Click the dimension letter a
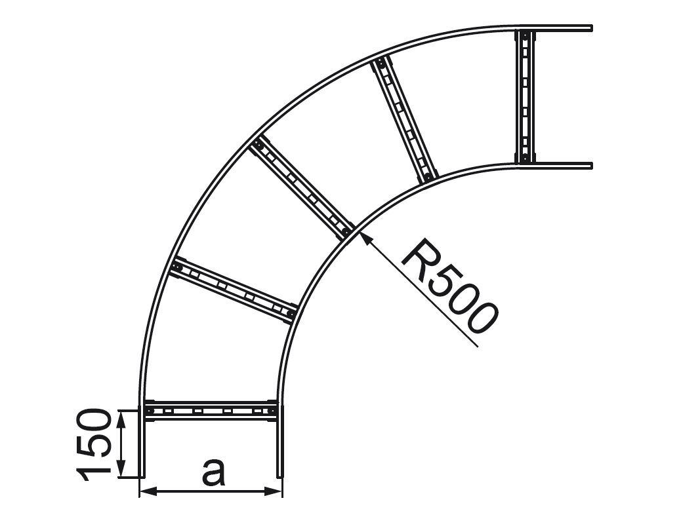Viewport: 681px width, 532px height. tap(213, 472)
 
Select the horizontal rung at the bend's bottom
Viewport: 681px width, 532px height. tap(211, 410)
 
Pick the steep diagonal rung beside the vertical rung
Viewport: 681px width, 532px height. tap(404, 119)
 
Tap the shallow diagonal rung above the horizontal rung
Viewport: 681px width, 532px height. tap(233, 291)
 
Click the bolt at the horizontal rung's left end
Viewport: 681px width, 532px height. tap(150, 411)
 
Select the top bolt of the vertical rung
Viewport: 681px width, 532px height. tap(525, 34)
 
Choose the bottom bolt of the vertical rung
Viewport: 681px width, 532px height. tap(525, 157)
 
